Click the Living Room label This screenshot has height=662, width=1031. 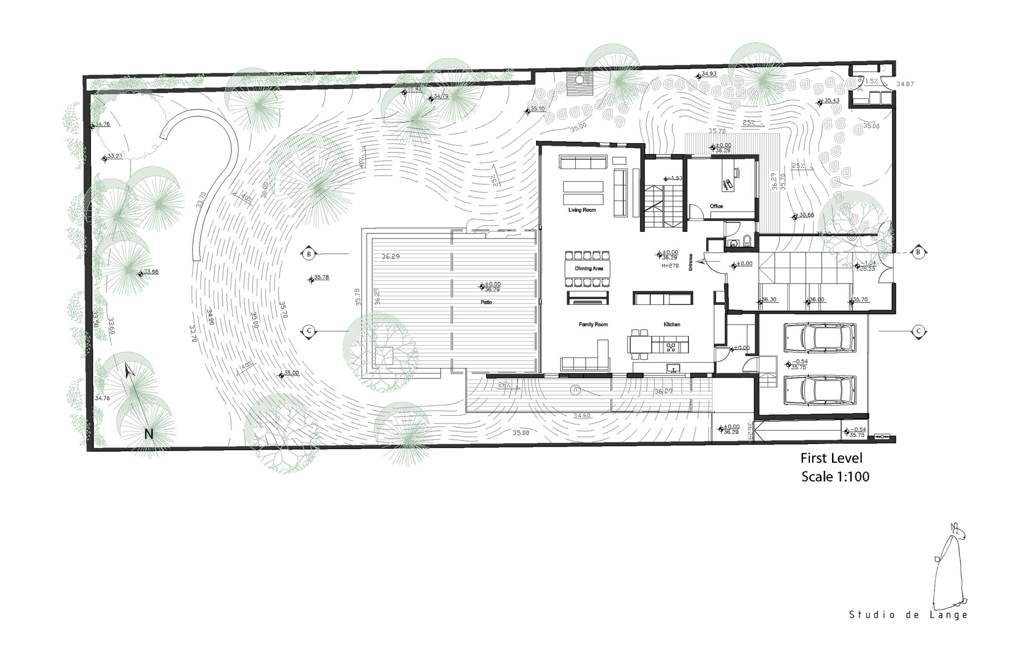pyautogui.click(x=582, y=210)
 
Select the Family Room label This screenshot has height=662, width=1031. pyautogui.click(x=593, y=325)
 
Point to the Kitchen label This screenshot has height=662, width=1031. pyautogui.click(x=672, y=325)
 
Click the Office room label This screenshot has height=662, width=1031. pyautogui.click(x=716, y=206)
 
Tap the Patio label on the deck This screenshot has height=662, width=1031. pyautogui.click(x=486, y=302)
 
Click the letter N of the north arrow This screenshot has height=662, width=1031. pyautogui.click(x=148, y=434)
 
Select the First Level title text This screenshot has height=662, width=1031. pyautogui.click(x=831, y=458)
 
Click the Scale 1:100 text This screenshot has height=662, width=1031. pyautogui.click(x=835, y=477)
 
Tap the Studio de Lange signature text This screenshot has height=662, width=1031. pyautogui.click(x=908, y=615)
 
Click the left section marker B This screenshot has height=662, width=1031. pyautogui.click(x=309, y=254)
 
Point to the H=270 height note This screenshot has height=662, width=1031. pyautogui.click(x=670, y=266)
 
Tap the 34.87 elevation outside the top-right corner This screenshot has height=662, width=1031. pyautogui.click(x=906, y=83)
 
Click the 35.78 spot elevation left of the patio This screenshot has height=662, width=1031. pyautogui.click(x=321, y=277)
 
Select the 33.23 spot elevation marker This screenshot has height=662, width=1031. pyautogui.click(x=114, y=156)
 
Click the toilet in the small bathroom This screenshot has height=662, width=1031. pyautogui.click(x=746, y=241)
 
